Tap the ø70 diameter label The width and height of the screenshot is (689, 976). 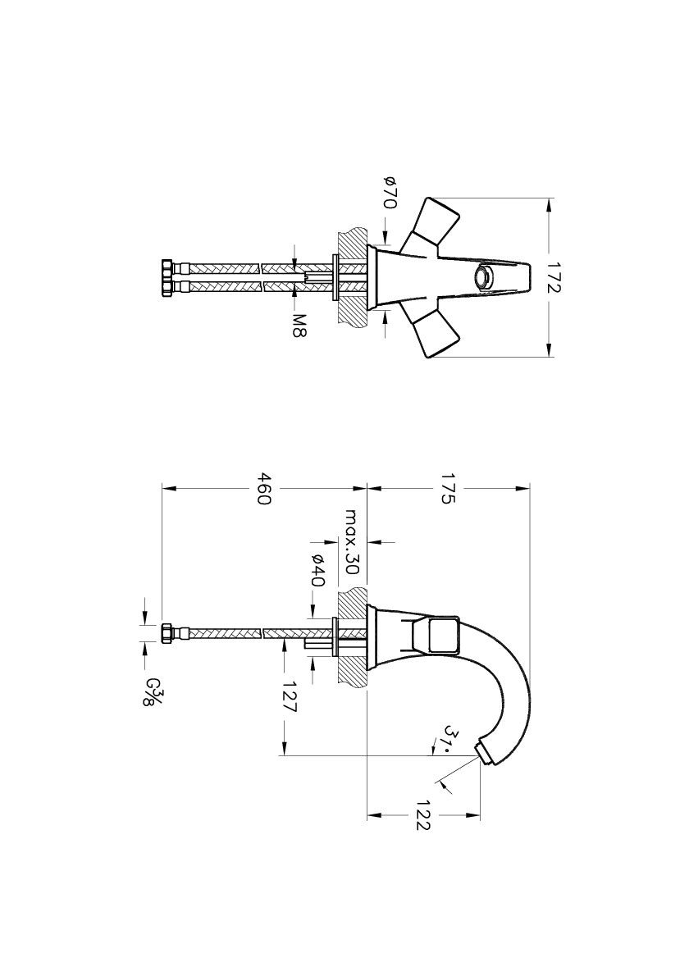[390, 192]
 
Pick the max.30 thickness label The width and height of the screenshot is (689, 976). [353, 542]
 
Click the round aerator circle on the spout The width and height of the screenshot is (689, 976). [485, 277]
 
